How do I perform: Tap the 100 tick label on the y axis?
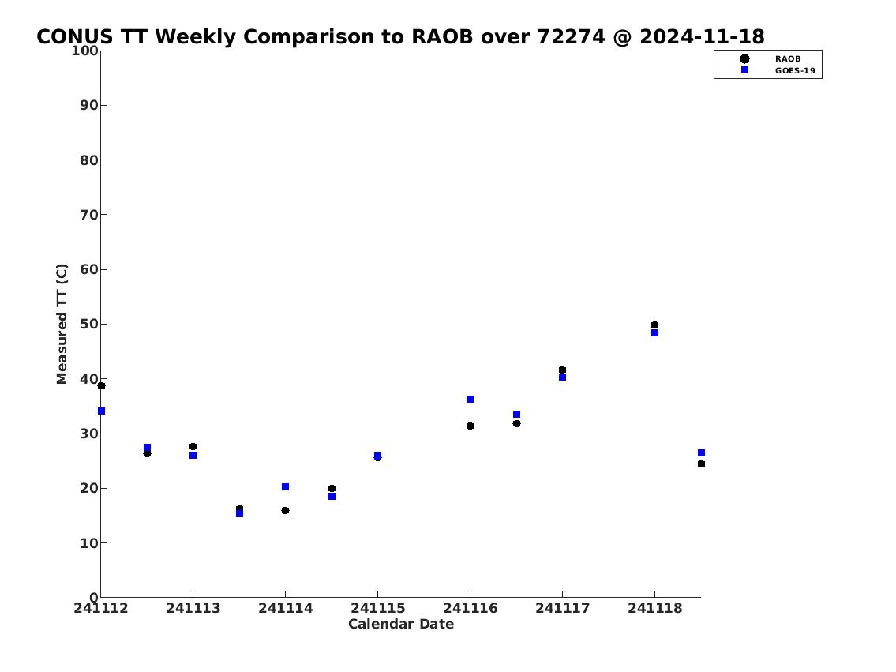pos(85,51)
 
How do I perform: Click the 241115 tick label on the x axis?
pos(377,608)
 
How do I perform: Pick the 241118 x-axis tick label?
pos(655,608)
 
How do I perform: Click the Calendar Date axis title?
pos(401,624)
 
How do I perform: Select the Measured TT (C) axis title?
pos(62,324)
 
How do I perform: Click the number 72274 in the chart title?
pos(571,37)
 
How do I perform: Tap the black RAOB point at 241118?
pos(655,325)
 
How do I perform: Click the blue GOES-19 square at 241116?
pos(470,400)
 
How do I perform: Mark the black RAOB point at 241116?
pos(470,426)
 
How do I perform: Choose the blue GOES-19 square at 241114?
pos(285,487)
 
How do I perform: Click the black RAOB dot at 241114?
pos(285,510)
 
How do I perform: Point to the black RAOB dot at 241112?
pos(101,385)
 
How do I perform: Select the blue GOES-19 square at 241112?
pos(101,411)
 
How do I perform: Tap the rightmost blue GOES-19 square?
pos(701,453)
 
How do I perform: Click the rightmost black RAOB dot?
pos(701,464)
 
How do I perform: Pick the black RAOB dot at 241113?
pos(193,447)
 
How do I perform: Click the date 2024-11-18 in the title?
pos(702,37)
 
